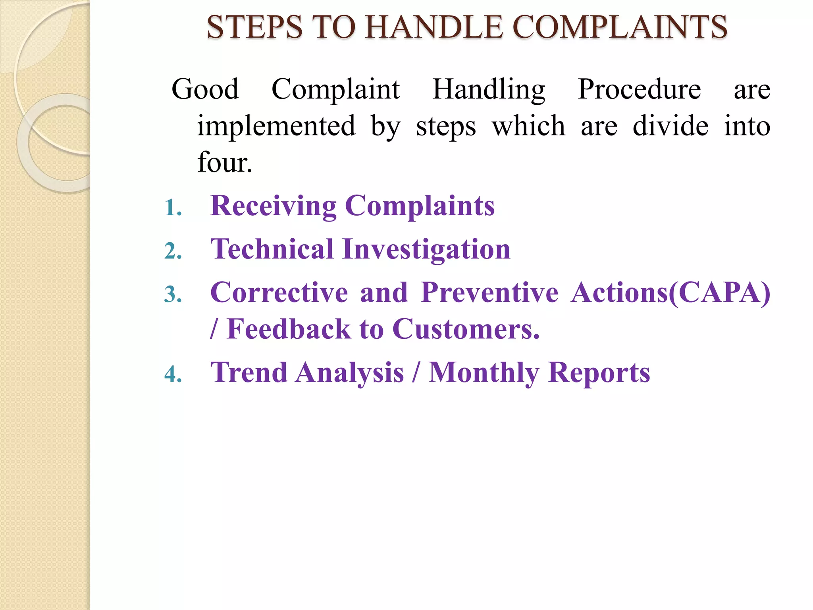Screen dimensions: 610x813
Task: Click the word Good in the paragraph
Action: point(205,89)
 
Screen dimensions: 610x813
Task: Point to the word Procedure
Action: point(639,89)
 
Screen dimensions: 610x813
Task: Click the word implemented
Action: point(276,126)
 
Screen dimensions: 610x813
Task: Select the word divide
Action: point(670,126)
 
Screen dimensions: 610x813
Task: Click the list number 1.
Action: point(173,208)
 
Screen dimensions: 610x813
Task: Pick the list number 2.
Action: point(173,251)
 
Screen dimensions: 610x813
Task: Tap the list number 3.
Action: point(173,295)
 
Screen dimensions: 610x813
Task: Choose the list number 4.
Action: point(173,374)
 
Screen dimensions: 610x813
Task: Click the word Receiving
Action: point(274,206)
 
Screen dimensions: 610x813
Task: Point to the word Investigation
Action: point(426,250)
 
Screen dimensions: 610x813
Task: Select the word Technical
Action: point(272,249)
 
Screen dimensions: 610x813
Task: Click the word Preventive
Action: point(489,292)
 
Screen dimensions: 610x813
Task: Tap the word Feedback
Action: point(289,329)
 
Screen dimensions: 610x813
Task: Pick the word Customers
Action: point(466,329)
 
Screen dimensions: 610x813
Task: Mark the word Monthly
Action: point(484,373)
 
